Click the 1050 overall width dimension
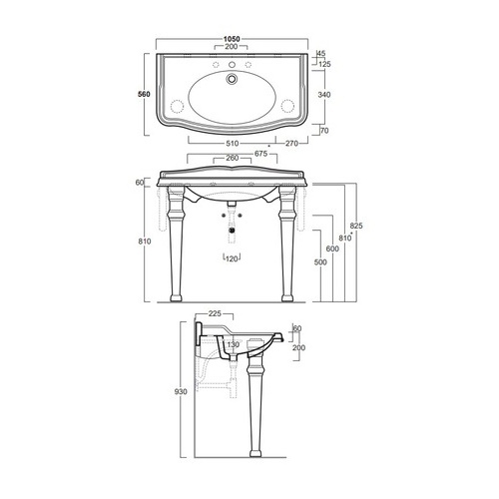tap(232, 39)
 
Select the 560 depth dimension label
tap(144, 94)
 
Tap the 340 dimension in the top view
tap(324, 95)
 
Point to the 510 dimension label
tap(233, 144)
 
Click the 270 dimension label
tap(291, 144)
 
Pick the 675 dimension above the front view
tap(261, 154)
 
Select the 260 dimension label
tap(233, 158)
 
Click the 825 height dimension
tap(356, 226)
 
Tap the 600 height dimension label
tap(332, 249)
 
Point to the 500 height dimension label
tap(320, 262)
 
